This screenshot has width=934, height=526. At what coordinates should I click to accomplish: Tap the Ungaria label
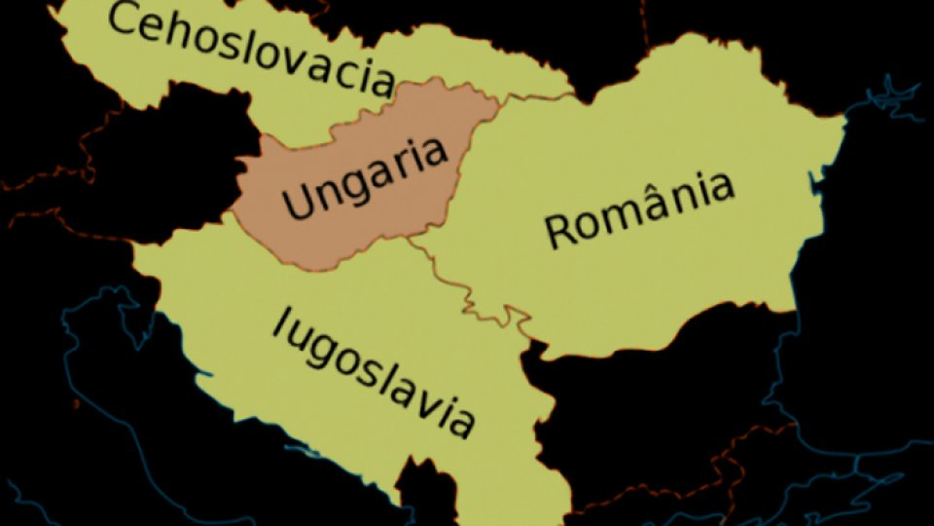click(366, 177)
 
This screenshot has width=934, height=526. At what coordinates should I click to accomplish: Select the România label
click(638, 209)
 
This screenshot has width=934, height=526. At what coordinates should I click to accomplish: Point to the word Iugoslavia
click(376, 371)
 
